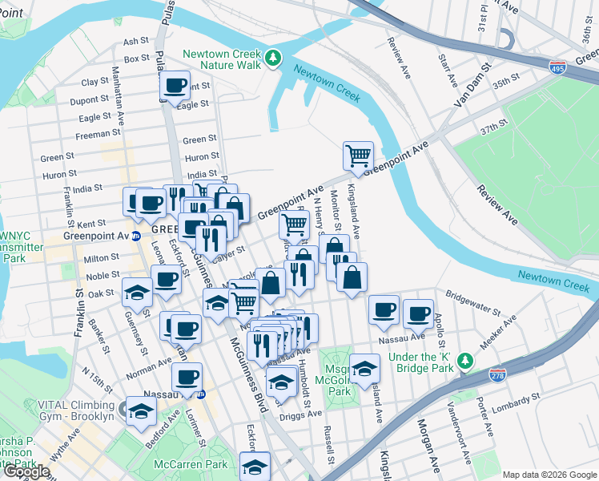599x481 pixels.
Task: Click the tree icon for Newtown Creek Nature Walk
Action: (274, 57)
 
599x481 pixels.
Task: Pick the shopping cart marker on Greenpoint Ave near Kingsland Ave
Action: (358, 155)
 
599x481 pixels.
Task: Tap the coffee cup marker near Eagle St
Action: (175, 85)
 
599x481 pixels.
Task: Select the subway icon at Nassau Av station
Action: (200, 393)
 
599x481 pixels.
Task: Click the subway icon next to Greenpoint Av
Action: (136, 236)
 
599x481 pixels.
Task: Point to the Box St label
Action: (137, 58)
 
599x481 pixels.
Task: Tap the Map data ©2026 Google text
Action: (549, 475)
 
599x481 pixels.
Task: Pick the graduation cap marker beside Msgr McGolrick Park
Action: (364, 369)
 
